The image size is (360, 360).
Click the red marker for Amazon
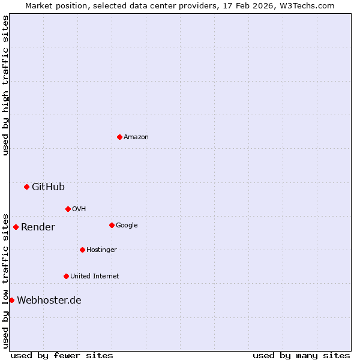(x=119, y=137)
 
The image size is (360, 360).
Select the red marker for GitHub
(x=26, y=187)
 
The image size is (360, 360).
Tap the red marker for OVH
(x=68, y=209)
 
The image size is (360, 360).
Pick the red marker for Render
(x=16, y=227)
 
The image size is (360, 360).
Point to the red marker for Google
(x=112, y=225)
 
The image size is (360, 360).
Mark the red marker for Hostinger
(x=82, y=250)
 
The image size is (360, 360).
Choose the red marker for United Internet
(x=66, y=276)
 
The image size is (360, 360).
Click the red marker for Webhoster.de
(x=11, y=300)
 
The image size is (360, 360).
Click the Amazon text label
(x=136, y=137)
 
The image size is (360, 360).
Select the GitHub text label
(x=48, y=187)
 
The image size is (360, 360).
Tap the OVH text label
(x=79, y=209)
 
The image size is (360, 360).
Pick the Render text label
(x=38, y=227)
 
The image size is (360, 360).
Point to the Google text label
(x=127, y=226)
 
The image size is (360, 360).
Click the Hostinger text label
(x=101, y=250)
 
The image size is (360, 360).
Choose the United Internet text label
(x=94, y=277)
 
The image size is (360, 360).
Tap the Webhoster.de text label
(x=49, y=301)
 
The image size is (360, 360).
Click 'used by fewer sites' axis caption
(x=62, y=355)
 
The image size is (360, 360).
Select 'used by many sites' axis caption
(x=301, y=355)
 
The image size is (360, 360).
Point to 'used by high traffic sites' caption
(x=5, y=85)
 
